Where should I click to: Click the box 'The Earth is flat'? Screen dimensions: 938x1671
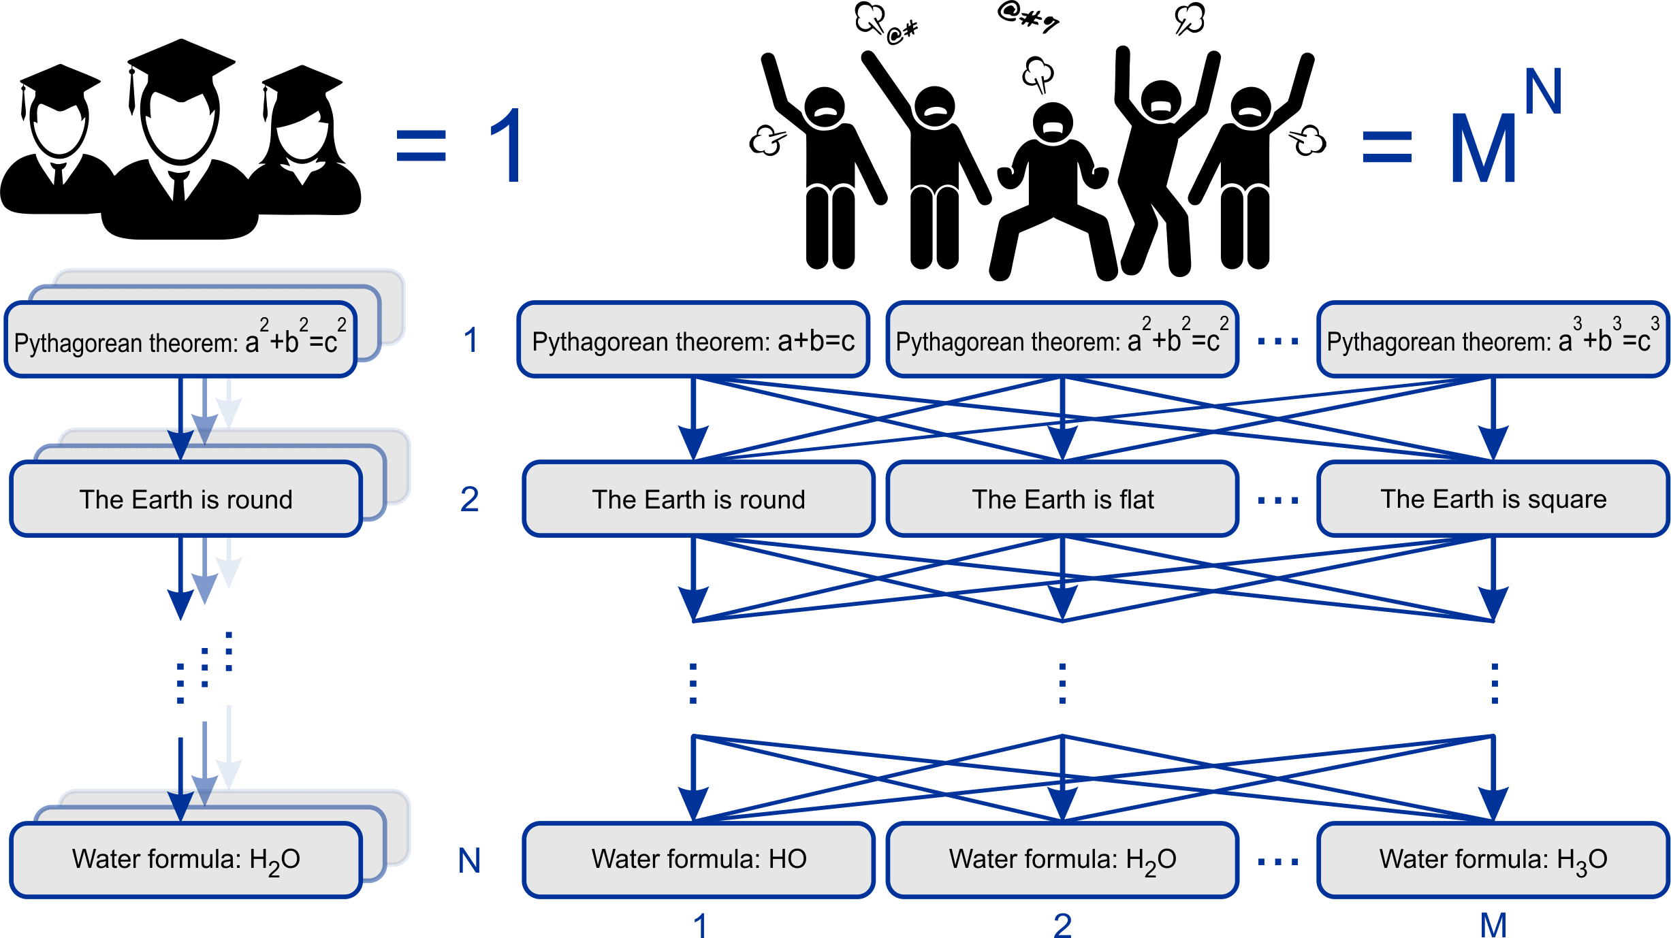pos(1062,499)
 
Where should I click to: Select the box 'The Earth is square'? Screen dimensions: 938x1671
pos(1493,499)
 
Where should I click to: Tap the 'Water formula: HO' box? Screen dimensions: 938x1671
pos(699,860)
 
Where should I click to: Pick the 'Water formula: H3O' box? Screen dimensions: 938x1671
pos(1493,860)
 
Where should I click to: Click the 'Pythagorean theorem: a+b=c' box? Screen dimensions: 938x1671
pos(693,340)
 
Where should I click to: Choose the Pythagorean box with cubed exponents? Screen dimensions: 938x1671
pos(1493,340)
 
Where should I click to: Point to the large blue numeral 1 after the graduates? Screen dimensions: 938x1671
pos(507,146)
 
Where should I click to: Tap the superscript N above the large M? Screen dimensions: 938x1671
pos(1542,92)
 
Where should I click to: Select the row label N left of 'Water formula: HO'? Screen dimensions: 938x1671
pos(469,861)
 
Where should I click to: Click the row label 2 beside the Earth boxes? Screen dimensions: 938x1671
pos(469,500)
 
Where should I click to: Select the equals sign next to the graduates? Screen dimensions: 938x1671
pos(421,146)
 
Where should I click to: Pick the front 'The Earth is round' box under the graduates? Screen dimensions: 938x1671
pos(186,499)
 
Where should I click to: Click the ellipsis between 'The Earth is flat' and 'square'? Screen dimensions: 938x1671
pos(1278,500)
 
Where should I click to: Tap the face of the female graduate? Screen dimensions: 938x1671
pos(302,136)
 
